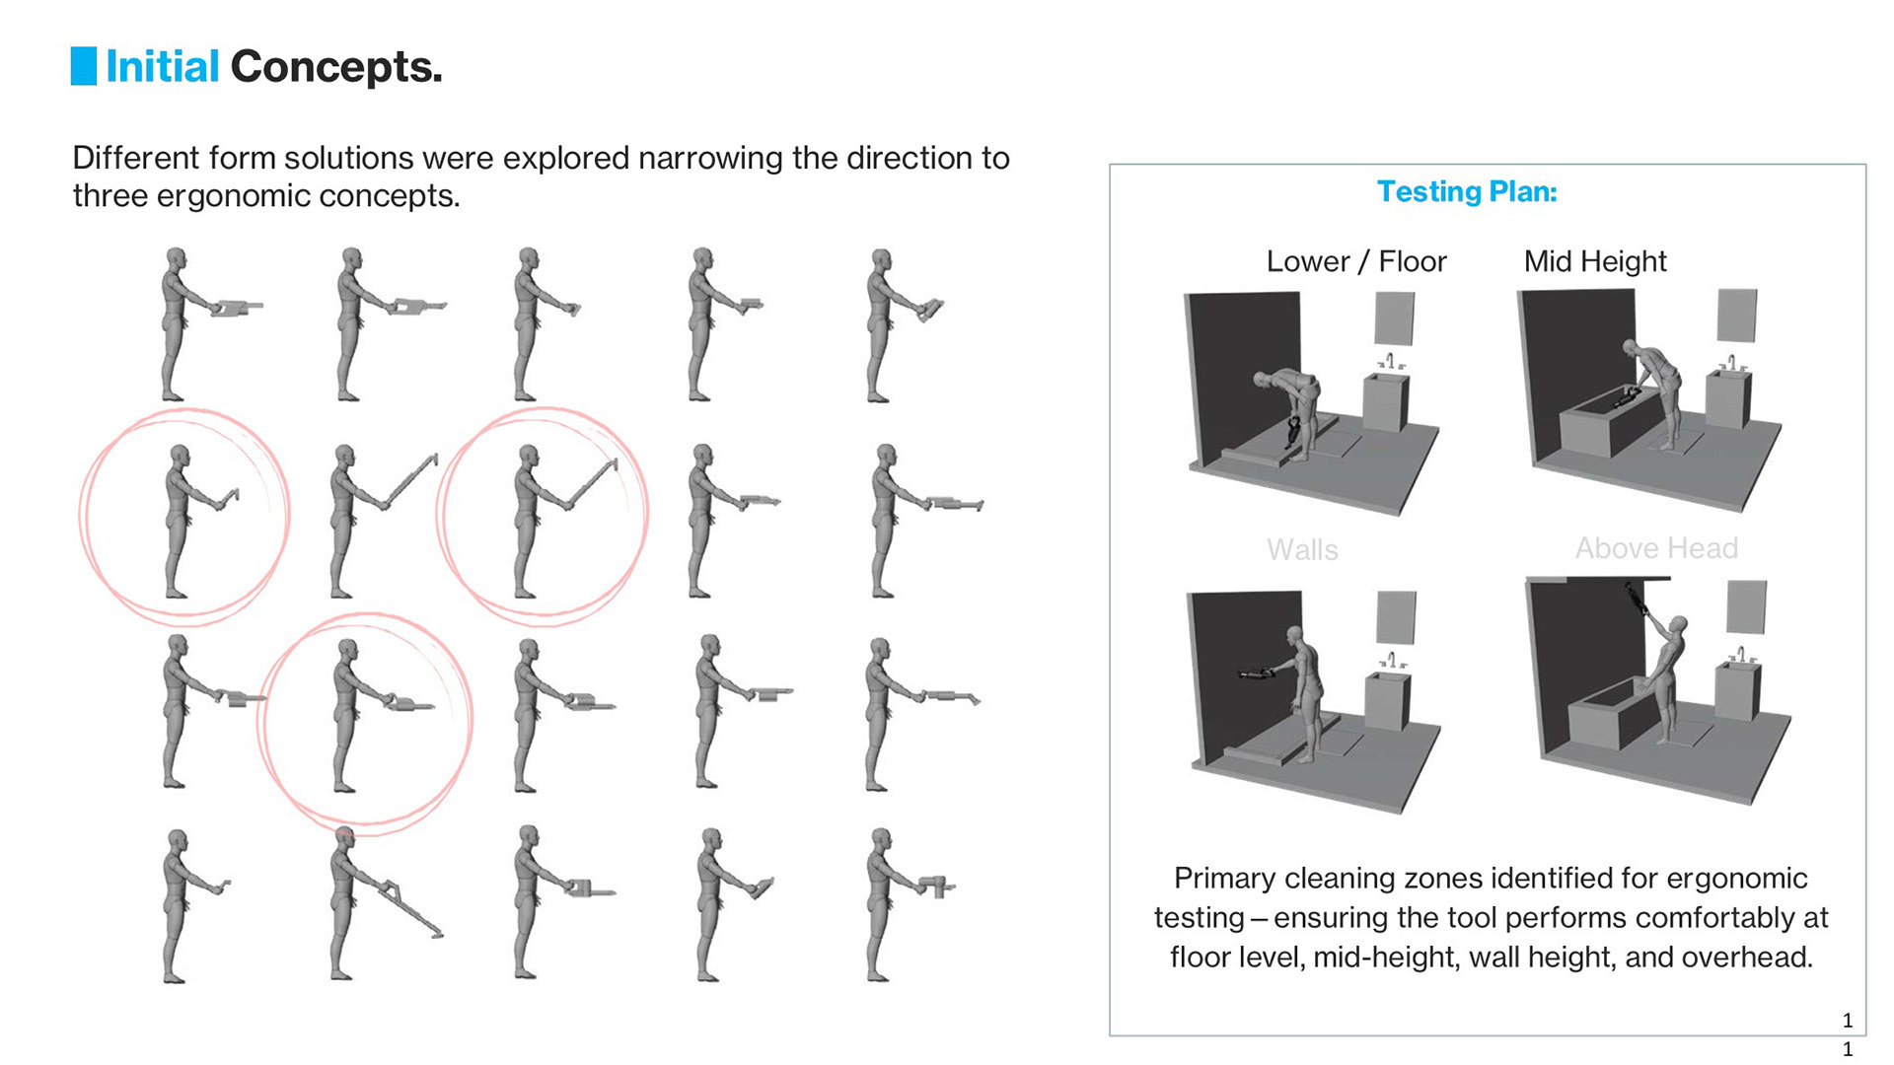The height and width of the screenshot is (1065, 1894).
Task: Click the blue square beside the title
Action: [x=84, y=66]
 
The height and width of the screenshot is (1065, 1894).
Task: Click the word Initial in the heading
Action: [x=163, y=67]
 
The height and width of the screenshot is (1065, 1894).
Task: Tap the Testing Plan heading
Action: [x=1467, y=191]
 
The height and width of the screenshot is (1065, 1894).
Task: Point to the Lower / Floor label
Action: [x=1356, y=261]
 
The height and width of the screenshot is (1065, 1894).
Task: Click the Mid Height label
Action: [x=1595, y=261]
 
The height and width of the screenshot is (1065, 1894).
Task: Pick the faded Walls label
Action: [x=1302, y=550]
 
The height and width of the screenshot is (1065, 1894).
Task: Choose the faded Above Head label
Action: [x=1656, y=548]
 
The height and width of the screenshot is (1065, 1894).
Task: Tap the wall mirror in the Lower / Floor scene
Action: [x=1395, y=319]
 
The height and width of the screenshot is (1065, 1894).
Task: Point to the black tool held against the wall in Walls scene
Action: [x=1256, y=674]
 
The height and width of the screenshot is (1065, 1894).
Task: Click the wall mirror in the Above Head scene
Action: [x=1747, y=606]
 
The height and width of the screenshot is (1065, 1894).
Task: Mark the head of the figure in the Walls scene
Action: [x=1295, y=636]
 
